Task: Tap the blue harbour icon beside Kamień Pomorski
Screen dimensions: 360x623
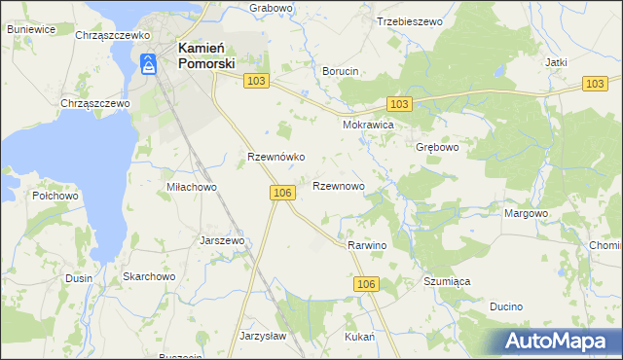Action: click(148, 65)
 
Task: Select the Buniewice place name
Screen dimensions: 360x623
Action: click(30, 30)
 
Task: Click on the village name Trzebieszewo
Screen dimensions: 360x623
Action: click(409, 20)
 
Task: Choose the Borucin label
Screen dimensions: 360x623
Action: click(341, 71)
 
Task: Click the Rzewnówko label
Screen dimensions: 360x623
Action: click(276, 157)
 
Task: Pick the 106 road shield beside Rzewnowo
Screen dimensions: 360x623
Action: click(282, 194)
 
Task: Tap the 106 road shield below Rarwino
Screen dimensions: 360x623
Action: click(365, 283)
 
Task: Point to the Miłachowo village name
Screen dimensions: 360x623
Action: click(191, 187)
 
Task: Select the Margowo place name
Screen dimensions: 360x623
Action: click(527, 213)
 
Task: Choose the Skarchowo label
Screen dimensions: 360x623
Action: click(148, 276)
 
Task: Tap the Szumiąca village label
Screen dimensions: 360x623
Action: click(447, 281)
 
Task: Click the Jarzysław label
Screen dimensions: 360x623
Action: click(262, 336)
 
